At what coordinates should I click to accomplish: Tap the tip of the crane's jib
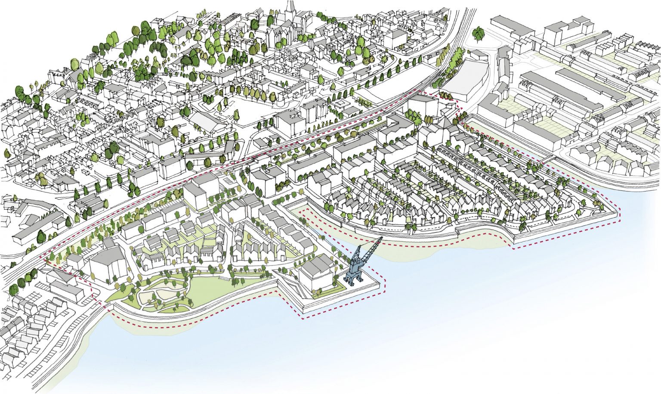click(x=380, y=238)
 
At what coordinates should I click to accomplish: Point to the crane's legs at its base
click(x=354, y=281)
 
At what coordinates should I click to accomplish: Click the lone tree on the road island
click(x=478, y=33)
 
